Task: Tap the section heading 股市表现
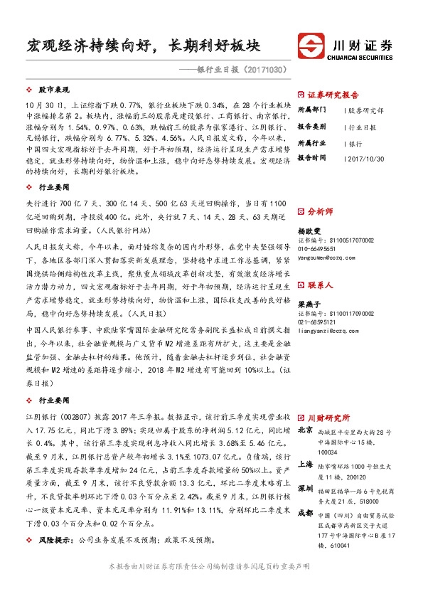tap(53, 90)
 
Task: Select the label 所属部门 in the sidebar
tap(311, 110)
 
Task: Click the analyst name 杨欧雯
tap(309, 232)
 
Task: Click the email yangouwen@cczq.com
tap(328, 258)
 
